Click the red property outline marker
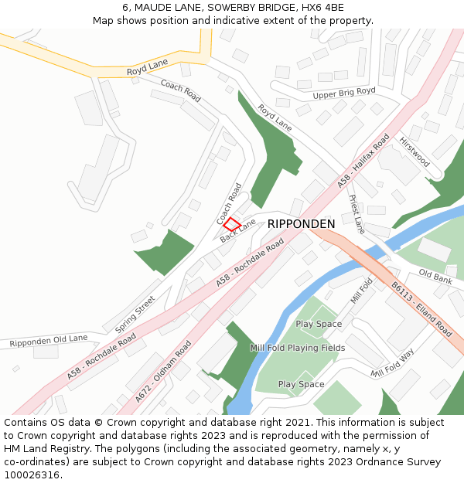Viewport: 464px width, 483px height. pos(232,223)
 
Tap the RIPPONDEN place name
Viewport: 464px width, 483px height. pos(301,224)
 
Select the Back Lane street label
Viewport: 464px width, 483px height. pos(237,230)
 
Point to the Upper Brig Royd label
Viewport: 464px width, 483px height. pos(344,94)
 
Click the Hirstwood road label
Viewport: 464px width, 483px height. pos(414,151)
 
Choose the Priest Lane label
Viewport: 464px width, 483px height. pos(357,214)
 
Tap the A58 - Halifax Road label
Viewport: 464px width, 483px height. pos(363,161)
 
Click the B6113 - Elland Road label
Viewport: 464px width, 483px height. pos(421,308)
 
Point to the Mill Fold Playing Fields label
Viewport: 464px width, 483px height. pos(297,348)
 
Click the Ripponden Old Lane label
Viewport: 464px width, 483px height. pos(49,341)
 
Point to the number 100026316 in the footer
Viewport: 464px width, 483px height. pos(32,474)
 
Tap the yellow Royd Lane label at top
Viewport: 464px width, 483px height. pos(147,67)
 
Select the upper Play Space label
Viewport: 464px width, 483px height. pos(319,324)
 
